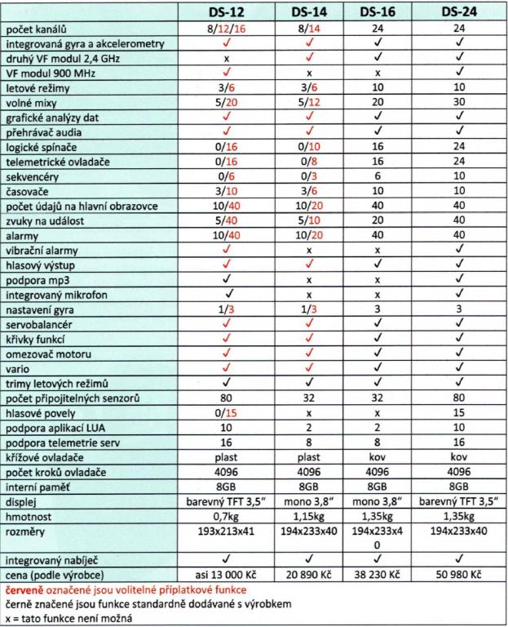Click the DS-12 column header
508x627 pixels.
point(229,12)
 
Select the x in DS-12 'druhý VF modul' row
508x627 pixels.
point(229,59)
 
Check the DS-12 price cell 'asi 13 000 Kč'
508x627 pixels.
point(229,575)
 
